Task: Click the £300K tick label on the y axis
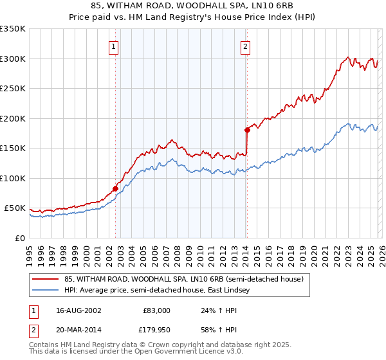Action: click(x=13, y=59)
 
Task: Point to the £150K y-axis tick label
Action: click(x=13, y=148)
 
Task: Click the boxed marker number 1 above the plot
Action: click(x=113, y=46)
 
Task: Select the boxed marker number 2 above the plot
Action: click(x=246, y=46)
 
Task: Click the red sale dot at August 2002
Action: click(x=116, y=188)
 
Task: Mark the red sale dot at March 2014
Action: click(x=247, y=130)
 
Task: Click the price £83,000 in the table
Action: click(x=156, y=310)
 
